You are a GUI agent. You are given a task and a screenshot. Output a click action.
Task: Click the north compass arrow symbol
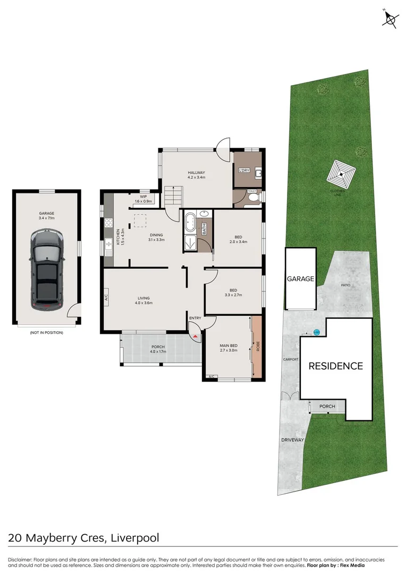click(x=391, y=20)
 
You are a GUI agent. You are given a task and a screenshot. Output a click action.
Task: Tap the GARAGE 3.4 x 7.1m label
click(x=46, y=215)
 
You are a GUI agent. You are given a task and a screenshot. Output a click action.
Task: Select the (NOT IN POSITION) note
click(x=46, y=333)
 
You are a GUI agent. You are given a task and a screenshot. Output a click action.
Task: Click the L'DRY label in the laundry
click(x=244, y=170)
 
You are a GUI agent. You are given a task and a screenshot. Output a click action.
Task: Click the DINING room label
click(x=156, y=237)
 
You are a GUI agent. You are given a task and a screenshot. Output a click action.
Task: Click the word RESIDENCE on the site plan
click(x=336, y=366)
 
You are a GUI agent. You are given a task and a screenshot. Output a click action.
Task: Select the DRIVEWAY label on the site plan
click(x=293, y=440)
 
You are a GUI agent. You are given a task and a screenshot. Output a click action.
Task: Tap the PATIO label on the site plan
click(x=345, y=285)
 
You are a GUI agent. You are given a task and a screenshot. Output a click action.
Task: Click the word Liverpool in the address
click(x=135, y=537)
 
